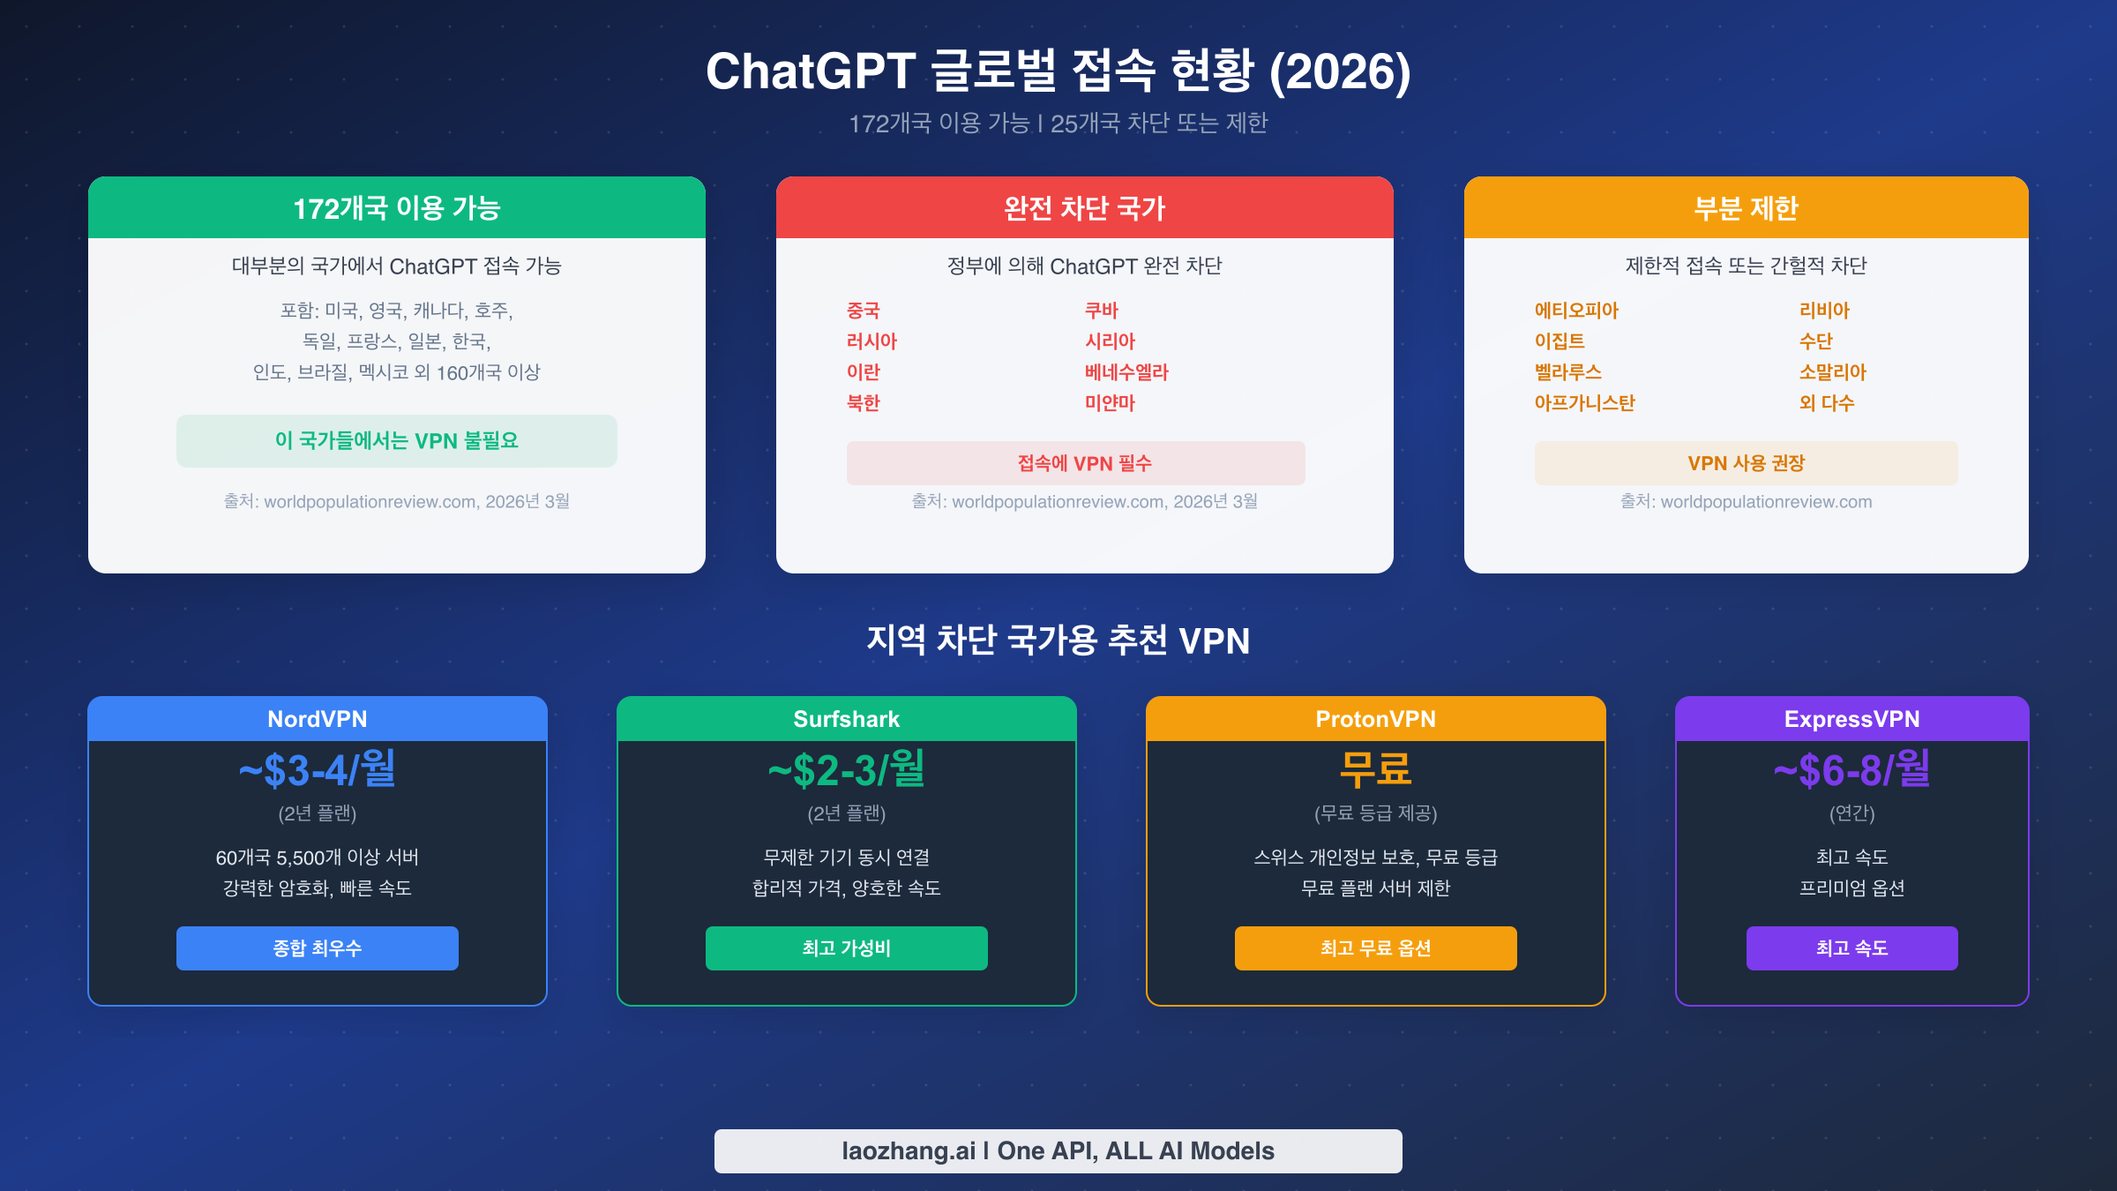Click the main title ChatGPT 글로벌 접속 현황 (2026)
1058,71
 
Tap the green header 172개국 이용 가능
397,208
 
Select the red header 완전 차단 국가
1084,208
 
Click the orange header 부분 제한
1746,208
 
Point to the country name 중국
863,311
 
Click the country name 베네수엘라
1126,372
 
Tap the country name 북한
863,403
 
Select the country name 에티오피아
1576,311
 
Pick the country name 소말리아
1832,372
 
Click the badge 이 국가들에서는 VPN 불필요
397,440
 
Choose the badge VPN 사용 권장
1746,463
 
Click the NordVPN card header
318,719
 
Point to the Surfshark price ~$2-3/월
846,770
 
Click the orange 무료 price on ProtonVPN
1375,770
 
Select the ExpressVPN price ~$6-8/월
1851,770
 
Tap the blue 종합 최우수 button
318,948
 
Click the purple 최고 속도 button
1851,948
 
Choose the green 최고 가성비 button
846,948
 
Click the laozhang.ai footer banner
1058,1150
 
